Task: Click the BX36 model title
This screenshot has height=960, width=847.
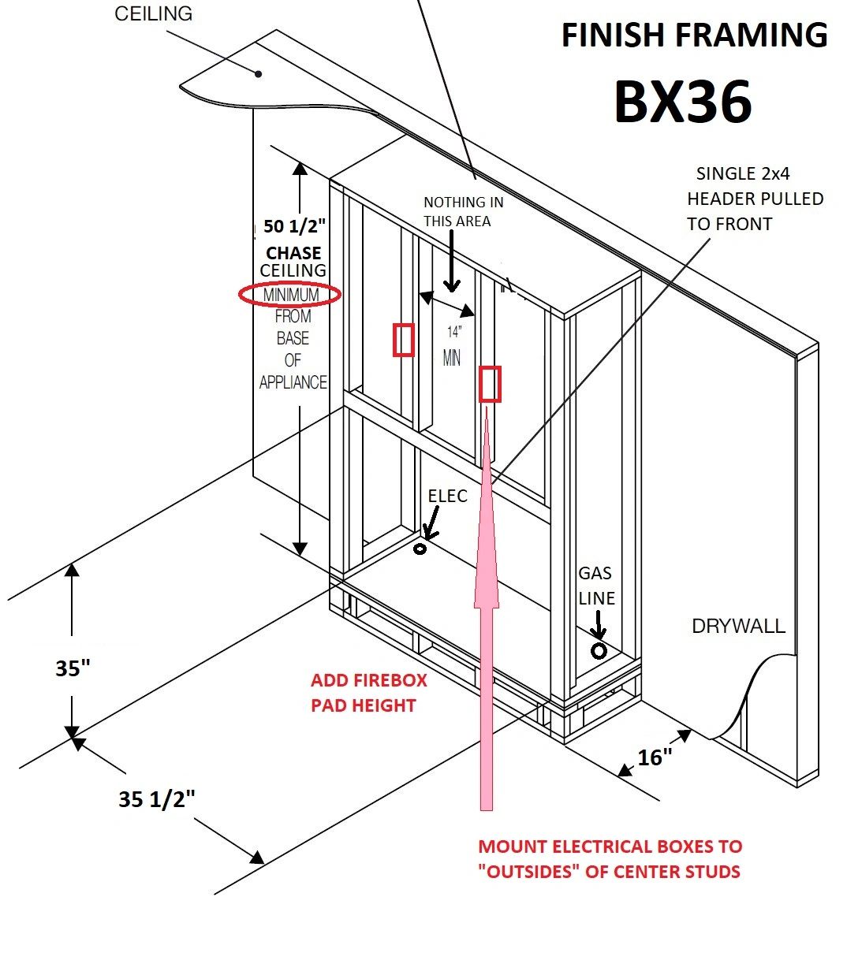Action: (x=683, y=102)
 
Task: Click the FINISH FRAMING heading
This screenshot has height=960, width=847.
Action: (x=694, y=35)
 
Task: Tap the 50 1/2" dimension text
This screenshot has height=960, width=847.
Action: (x=294, y=226)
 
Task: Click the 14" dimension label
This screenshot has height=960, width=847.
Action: (x=454, y=332)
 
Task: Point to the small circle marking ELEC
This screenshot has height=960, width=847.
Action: (x=420, y=549)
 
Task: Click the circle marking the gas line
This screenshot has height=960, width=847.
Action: (x=599, y=651)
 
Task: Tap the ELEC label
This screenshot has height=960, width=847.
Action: (x=448, y=496)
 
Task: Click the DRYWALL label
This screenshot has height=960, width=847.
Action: (x=738, y=627)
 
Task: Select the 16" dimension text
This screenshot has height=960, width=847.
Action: (x=655, y=757)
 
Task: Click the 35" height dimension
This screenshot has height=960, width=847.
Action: (x=73, y=668)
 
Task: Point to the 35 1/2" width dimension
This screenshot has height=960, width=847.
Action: (x=156, y=799)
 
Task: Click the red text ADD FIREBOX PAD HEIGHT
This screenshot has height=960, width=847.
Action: (x=368, y=693)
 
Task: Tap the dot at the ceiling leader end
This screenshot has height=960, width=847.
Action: (x=259, y=74)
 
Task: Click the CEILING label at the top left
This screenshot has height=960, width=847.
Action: (x=153, y=13)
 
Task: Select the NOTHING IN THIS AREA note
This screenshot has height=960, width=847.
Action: (x=464, y=212)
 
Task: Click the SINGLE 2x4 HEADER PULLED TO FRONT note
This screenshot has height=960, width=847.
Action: (x=755, y=199)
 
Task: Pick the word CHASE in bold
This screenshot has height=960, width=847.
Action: (x=293, y=253)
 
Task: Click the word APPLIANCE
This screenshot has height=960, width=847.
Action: (x=293, y=382)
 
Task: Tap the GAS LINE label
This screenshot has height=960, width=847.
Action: (x=596, y=586)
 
